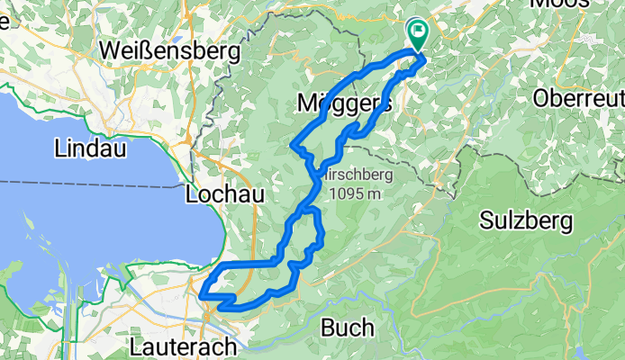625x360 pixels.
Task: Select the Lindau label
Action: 88,148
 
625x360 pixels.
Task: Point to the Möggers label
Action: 343,104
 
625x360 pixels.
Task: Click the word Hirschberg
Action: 361,174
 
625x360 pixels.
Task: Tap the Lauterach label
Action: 185,346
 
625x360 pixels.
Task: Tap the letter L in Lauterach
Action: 136,346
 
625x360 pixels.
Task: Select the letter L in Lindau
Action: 60,148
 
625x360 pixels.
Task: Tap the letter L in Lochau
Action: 190,194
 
